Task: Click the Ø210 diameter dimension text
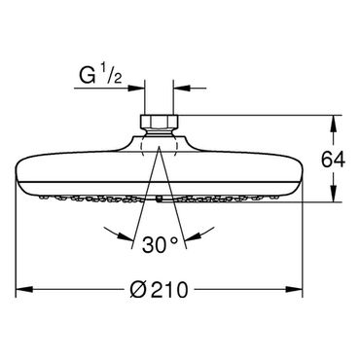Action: [159, 290]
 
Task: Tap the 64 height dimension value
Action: [333, 160]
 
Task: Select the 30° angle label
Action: [161, 244]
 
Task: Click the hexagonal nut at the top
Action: [159, 121]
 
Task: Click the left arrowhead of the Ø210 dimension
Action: [24, 289]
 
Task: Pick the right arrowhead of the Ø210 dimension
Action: [294, 289]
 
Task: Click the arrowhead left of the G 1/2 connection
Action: [136, 88]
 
